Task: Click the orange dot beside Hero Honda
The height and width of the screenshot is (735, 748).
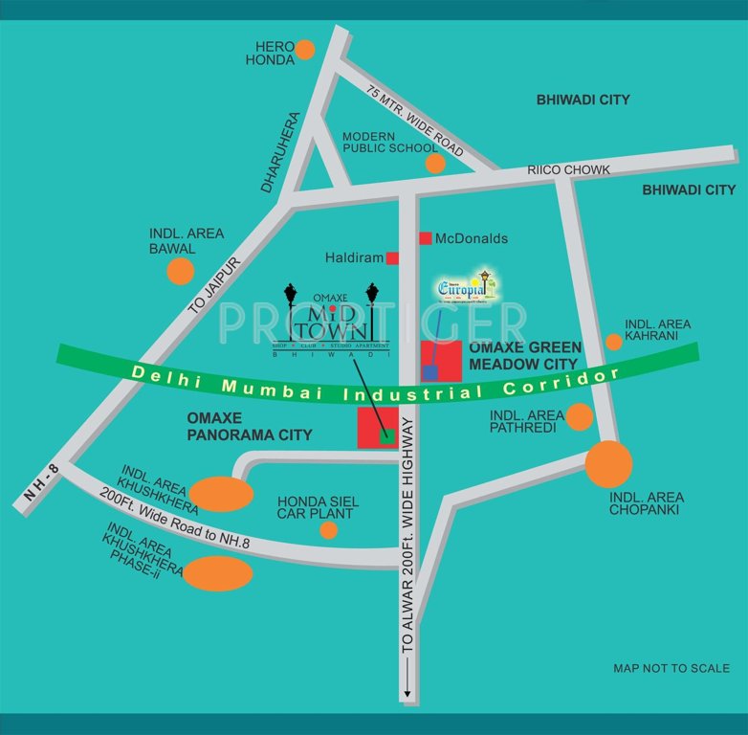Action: (x=304, y=50)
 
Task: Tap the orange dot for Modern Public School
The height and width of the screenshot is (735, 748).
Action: (x=435, y=164)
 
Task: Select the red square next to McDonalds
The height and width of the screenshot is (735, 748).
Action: (x=425, y=237)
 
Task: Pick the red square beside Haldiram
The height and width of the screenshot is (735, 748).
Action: (x=392, y=257)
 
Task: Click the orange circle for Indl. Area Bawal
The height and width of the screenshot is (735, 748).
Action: (x=180, y=272)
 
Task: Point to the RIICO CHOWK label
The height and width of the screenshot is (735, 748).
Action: (x=568, y=170)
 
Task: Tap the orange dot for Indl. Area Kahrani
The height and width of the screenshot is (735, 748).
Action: (x=613, y=342)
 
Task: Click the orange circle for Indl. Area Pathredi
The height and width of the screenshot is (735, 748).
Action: (x=579, y=416)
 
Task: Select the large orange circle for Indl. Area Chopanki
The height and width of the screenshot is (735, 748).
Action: (x=608, y=464)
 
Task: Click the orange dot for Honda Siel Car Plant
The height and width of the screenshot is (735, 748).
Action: (x=328, y=529)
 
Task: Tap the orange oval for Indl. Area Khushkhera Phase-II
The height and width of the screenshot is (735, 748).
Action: (x=218, y=573)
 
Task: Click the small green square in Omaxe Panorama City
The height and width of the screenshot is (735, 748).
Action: (x=386, y=436)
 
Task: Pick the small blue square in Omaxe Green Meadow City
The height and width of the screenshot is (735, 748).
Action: (x=431, y=370)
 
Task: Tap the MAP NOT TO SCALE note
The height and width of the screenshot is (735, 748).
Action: (x=671, y=668)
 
